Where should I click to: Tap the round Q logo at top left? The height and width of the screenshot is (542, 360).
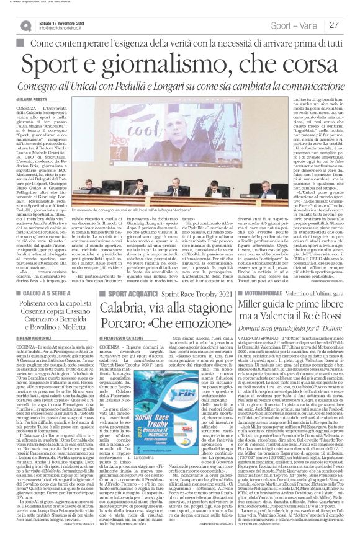tap(27, 25)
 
